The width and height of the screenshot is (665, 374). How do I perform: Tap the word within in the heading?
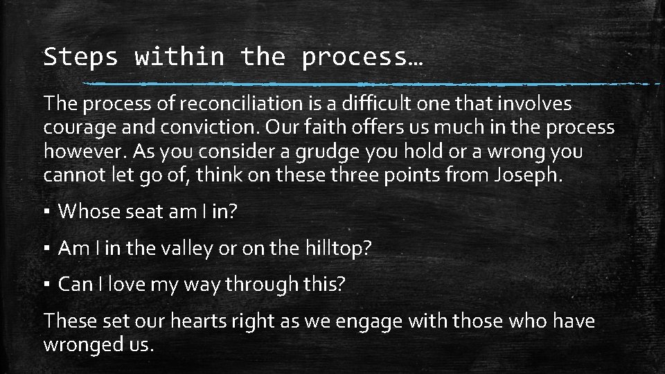(x=179, y=57)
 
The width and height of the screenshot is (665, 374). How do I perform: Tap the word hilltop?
(x=333, y=248)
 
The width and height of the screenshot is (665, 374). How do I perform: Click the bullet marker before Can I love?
(x=47, y=285)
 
